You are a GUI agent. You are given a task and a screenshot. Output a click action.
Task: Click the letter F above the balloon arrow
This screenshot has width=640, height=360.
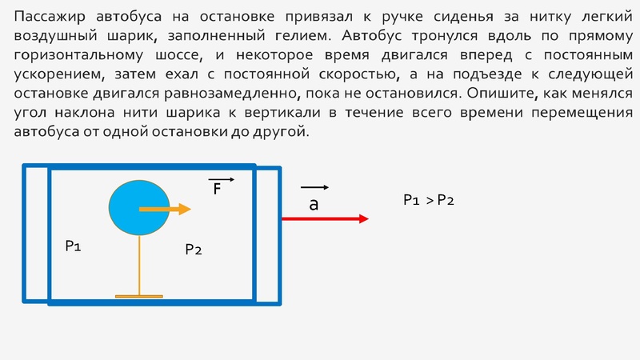pos(216,190)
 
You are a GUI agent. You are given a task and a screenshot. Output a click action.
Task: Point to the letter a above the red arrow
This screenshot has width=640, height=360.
pos(314,205)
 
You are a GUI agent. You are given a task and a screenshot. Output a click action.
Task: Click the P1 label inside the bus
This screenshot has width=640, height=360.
pos(73,246)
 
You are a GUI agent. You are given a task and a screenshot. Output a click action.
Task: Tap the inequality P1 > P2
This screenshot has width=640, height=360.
pos(428,200)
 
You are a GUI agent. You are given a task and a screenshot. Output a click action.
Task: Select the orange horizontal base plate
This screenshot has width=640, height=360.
pos(139,297)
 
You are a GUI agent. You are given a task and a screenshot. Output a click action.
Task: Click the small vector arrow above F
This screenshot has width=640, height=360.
pos(219,179)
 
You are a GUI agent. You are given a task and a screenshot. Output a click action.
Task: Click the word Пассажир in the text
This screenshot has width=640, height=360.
pos(50,17)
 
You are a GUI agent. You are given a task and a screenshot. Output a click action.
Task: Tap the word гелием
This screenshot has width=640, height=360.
pos(313,36)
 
